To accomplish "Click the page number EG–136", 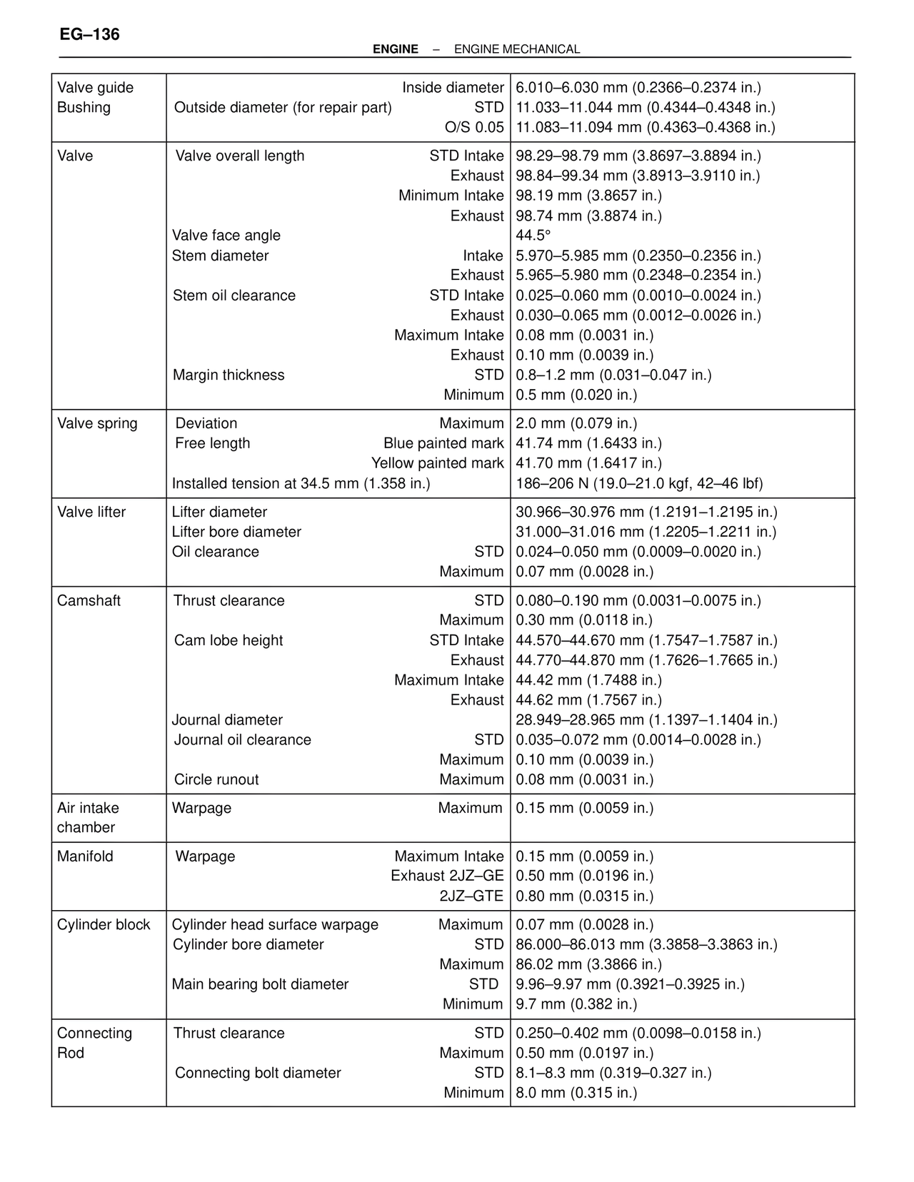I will click(x=90, y=34).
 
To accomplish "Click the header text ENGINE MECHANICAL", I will click(x=516, y=49).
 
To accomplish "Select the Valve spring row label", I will click(x=97, y=423).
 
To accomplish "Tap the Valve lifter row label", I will click(x=91, y=512).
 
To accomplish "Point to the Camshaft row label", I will click(x=89, y=600).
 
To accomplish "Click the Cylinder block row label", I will click(x=104, y=924).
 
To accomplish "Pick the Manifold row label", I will click(x=85, y=856).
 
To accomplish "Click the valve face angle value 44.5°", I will click(x=533, y=236).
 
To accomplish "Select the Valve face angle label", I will click(x=226, y=236).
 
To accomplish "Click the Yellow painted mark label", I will click(x=437, y=463).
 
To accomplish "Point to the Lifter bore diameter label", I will click(x=236, y=532).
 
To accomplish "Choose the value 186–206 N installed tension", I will click(x=639, y=483).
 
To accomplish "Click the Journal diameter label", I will click(x=227, y=719).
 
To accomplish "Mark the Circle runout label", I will click(x=216, y=779).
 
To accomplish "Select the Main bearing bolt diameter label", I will click(x=260, y=984).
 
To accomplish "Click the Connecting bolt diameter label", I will click(x=258, y=1073).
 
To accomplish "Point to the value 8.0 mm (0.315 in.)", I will click(x=576, y=1093).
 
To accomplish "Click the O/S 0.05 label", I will click(x=474, y=127).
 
